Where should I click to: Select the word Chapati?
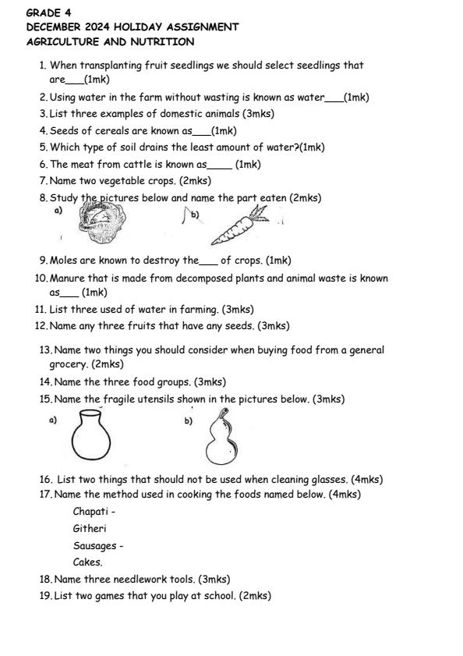[91, 512]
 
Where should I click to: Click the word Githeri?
[90, 528]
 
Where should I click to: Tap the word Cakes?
[87, 562]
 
